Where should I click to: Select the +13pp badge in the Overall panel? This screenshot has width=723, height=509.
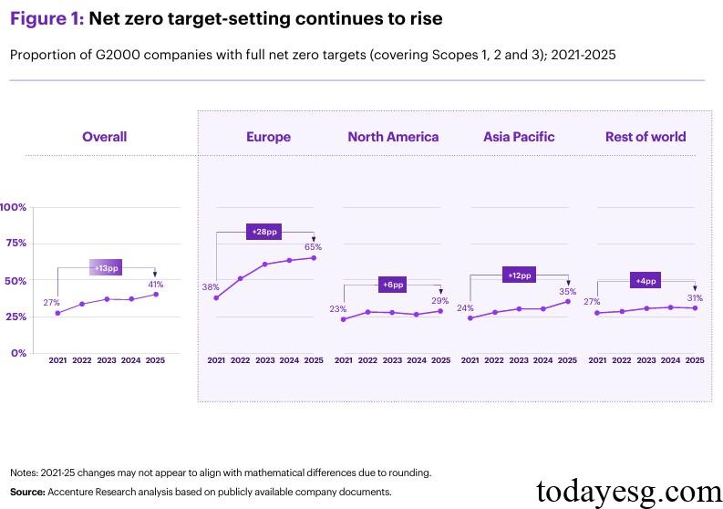point(106,267)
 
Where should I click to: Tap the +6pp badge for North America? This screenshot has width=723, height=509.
point(392,285)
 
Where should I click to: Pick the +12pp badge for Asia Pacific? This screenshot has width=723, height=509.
point(520,275)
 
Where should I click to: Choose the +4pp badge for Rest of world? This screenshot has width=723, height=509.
point(646,281)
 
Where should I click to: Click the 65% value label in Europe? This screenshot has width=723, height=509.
point(314,246)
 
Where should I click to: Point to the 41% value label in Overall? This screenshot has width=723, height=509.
point(156,285)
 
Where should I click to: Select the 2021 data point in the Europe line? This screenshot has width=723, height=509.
point(216,297)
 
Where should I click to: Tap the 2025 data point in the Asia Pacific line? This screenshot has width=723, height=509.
point(568,301)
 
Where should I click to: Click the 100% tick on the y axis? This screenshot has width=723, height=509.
point(13,207)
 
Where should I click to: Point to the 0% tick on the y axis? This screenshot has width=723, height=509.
point(18,353)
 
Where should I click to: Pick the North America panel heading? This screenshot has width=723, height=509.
point(393,137)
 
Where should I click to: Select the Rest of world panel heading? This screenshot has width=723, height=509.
point(646,137)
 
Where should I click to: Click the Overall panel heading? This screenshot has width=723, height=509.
point(104,137)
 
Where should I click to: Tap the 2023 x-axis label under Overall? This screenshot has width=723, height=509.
point(107,361)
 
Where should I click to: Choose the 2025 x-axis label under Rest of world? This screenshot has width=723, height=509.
point(695,361)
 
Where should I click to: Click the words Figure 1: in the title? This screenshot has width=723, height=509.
point(46,19)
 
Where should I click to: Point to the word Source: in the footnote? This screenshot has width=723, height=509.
point(27,492)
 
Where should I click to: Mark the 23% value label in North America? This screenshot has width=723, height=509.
point(337,308)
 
